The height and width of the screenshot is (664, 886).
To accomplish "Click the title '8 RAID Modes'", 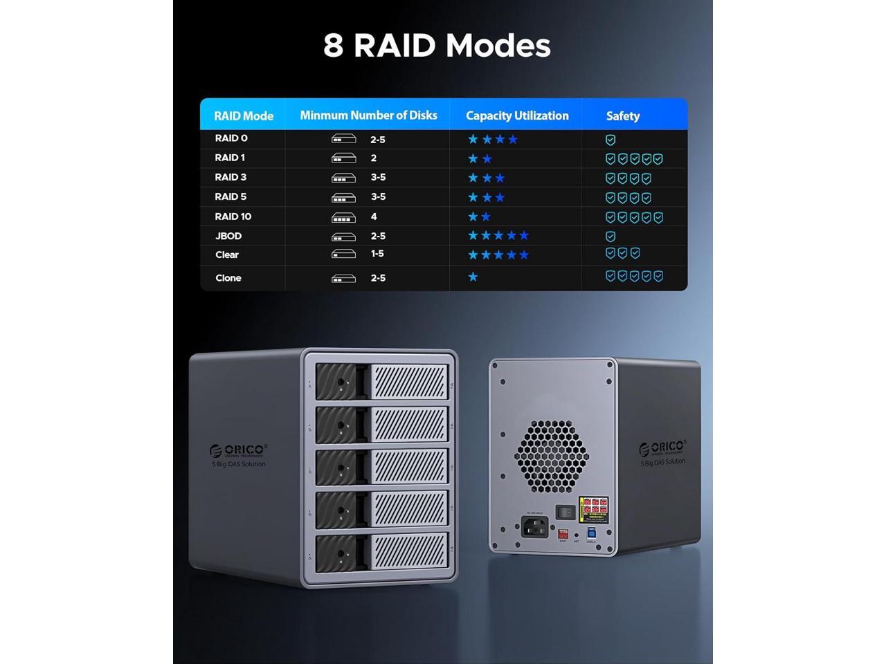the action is (437, 46).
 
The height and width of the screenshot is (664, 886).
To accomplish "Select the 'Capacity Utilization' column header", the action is (517, 116).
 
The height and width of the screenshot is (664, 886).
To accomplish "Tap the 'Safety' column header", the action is (622, 116).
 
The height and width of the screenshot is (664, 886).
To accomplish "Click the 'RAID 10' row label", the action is (233, 216).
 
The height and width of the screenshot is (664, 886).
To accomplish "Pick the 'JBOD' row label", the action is (228, 236).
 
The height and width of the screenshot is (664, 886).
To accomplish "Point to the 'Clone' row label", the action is (228, 278).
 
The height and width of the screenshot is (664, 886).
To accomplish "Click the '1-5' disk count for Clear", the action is (377, 254).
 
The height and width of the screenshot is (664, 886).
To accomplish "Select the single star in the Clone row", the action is (473, 277).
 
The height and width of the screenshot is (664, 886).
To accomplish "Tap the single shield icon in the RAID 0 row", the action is (611, 140).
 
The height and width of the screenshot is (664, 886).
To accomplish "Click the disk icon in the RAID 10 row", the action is (343, 217).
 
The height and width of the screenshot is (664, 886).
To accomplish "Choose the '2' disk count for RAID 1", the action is (374, 158).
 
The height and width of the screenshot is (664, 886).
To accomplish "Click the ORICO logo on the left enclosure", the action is (238, 450).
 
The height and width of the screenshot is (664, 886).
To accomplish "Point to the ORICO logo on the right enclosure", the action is (662, 448).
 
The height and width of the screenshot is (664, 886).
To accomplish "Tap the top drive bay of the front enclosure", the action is (382, 382).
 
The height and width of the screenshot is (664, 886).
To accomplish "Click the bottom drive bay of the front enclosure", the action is (382, 554).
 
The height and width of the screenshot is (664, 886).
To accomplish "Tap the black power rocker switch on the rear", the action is (566, 513).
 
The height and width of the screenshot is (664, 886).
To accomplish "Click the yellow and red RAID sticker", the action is (594, 509).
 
